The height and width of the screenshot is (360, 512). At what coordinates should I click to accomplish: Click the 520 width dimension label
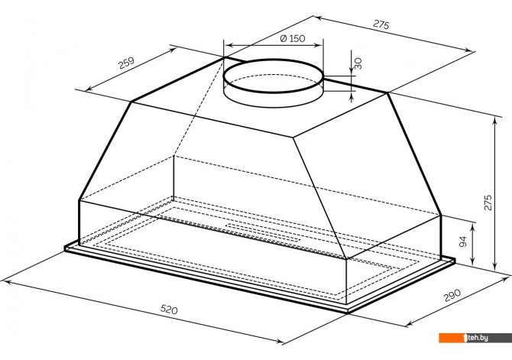[x=169, y=309]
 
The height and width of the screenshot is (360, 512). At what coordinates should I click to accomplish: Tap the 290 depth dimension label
[x=452, y=295]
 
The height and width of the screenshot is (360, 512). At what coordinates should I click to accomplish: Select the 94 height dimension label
[x=462, y=242]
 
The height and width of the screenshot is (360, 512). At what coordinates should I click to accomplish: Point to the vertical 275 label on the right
[x=488, y=203]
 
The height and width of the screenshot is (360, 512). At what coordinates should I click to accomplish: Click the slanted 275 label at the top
[x=381, y=24]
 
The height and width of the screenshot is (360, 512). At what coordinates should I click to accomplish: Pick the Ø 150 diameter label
[x=293, y=38]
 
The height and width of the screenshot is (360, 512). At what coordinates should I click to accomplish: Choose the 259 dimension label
[x=126, y=63]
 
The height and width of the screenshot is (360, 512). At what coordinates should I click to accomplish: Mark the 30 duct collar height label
[x=358, y=63]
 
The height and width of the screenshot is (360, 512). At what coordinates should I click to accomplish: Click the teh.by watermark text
[x=478, y=338]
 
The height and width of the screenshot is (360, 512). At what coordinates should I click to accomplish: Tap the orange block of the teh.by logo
[x=452, y=338]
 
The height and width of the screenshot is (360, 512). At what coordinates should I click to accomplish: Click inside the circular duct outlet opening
[x=274, y=76]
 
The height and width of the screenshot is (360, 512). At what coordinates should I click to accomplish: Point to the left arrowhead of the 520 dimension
[x=6, y=282]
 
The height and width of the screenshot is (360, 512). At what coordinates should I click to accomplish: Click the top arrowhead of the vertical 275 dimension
[x=495, y=122]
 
